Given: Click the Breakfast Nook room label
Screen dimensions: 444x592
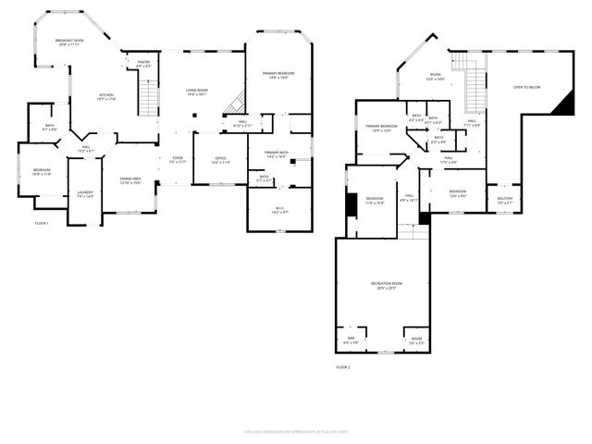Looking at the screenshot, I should point(69,43).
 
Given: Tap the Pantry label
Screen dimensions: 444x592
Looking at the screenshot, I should point(143,65).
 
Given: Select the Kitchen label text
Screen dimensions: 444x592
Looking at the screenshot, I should point(107,96).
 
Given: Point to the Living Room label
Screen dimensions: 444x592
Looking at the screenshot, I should point(197,92).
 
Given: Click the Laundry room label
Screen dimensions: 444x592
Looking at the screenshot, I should point(85,194).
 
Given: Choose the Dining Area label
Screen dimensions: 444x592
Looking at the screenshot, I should point(130,180).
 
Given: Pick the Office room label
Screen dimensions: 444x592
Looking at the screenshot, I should point(220,160).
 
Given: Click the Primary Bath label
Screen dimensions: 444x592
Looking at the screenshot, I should point(277,154).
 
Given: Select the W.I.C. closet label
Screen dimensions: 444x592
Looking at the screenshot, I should point(278,210).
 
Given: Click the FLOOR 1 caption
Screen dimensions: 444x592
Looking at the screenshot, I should point(42,223).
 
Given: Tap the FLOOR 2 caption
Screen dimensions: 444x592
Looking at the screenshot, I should point(342,367).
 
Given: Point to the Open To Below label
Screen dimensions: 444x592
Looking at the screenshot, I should point(527,87).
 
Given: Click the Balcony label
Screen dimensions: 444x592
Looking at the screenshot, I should point(505,201).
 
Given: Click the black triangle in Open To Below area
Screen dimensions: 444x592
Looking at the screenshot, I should point(563,106).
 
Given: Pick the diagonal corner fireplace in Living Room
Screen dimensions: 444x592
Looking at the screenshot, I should point(236,104).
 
